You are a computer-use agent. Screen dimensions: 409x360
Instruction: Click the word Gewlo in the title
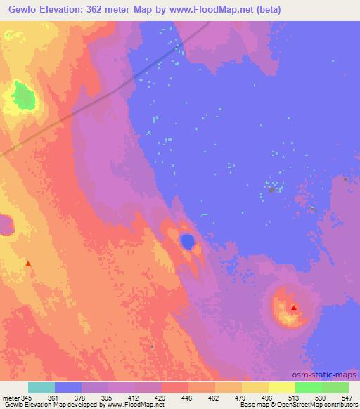21,10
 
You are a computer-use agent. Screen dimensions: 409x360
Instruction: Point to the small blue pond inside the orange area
188,242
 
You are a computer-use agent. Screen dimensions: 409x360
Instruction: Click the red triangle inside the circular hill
293,307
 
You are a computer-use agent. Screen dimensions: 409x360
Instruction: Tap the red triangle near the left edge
28,264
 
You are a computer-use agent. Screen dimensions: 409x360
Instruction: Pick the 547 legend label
347,398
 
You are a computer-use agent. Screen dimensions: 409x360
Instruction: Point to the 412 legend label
134,398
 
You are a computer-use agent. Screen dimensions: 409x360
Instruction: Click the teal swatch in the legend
41,387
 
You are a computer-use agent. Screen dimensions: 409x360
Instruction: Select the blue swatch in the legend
68,387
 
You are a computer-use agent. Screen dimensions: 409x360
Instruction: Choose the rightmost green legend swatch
335,387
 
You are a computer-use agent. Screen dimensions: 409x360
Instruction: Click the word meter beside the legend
10,398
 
